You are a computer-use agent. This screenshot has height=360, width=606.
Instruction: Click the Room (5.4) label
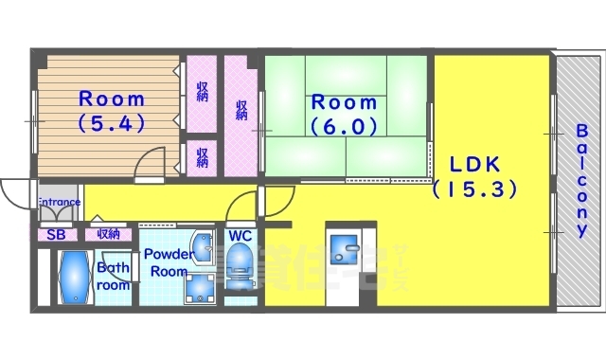click(111, 110)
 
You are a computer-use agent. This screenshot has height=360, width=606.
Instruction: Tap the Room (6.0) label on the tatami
click(345, 113)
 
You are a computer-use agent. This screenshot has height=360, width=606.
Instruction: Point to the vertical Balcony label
click(580, 180)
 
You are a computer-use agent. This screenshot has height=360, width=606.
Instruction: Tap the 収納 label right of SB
click(107, 234)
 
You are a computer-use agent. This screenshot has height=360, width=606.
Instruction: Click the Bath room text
click(113, 277)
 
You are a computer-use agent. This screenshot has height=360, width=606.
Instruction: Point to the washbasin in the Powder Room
click(202, 248)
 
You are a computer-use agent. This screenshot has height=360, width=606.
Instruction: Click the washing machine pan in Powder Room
click(200, 288)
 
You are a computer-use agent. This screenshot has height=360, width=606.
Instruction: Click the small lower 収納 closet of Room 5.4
click(202, 155)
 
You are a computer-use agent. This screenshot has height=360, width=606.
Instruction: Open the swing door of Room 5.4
click(150, 166)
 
